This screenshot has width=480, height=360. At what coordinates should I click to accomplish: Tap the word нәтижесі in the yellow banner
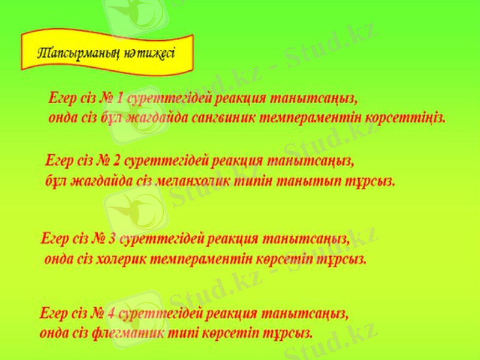pyautogui.click(x=149, y=53)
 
